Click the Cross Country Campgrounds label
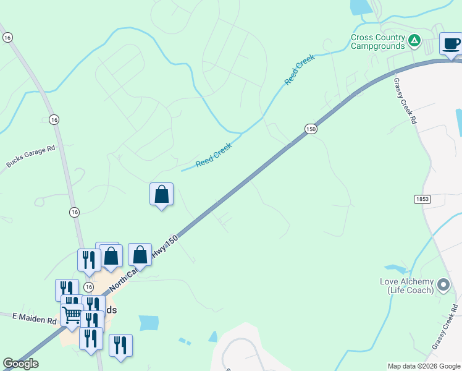(377, 41)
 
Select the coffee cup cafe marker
(451, 44)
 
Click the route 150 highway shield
(311, 129)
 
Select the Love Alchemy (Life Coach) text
(406, 286)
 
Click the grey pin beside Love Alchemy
(443, 285)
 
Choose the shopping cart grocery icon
(72, 315)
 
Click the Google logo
(20, 364)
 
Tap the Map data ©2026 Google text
(423, 366)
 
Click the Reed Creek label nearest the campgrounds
(300, 69)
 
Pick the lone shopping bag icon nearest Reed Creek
(161, 194)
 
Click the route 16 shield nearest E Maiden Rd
(88, 287)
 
